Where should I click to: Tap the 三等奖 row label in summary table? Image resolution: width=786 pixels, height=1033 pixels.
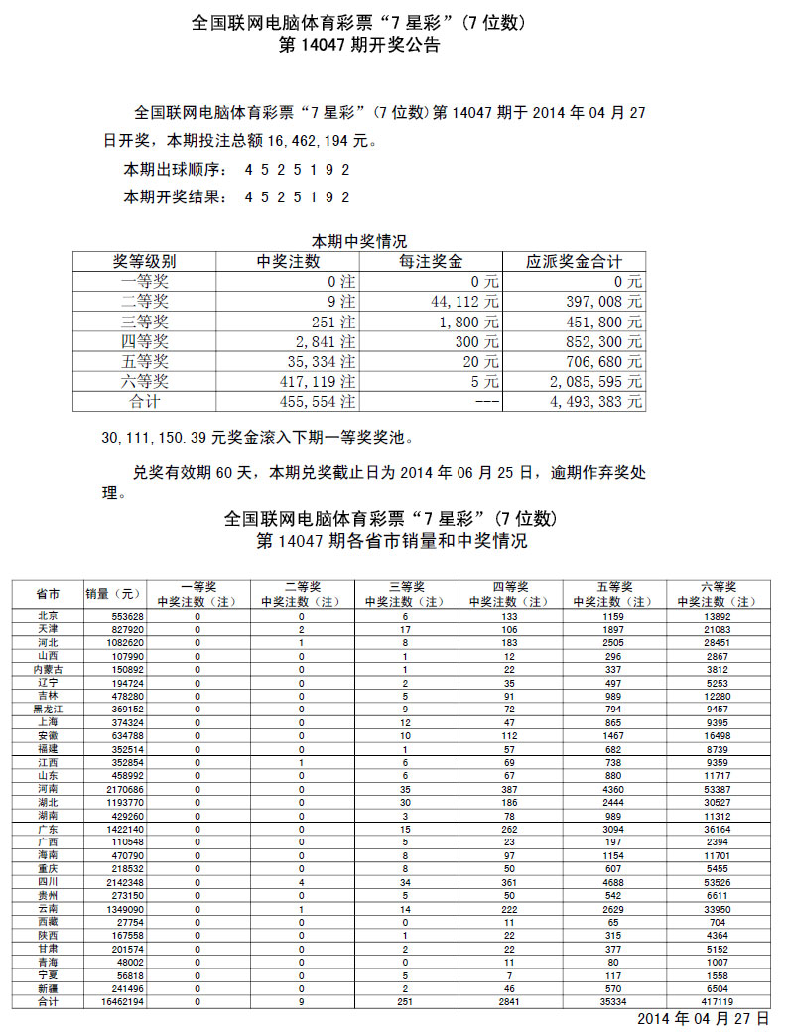145,322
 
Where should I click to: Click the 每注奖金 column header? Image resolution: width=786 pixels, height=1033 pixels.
432,262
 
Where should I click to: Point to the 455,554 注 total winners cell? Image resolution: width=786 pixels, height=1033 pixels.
317,402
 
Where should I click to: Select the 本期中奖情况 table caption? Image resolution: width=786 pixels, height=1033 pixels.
359,241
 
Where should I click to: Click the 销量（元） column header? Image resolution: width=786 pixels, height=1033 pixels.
114,594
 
